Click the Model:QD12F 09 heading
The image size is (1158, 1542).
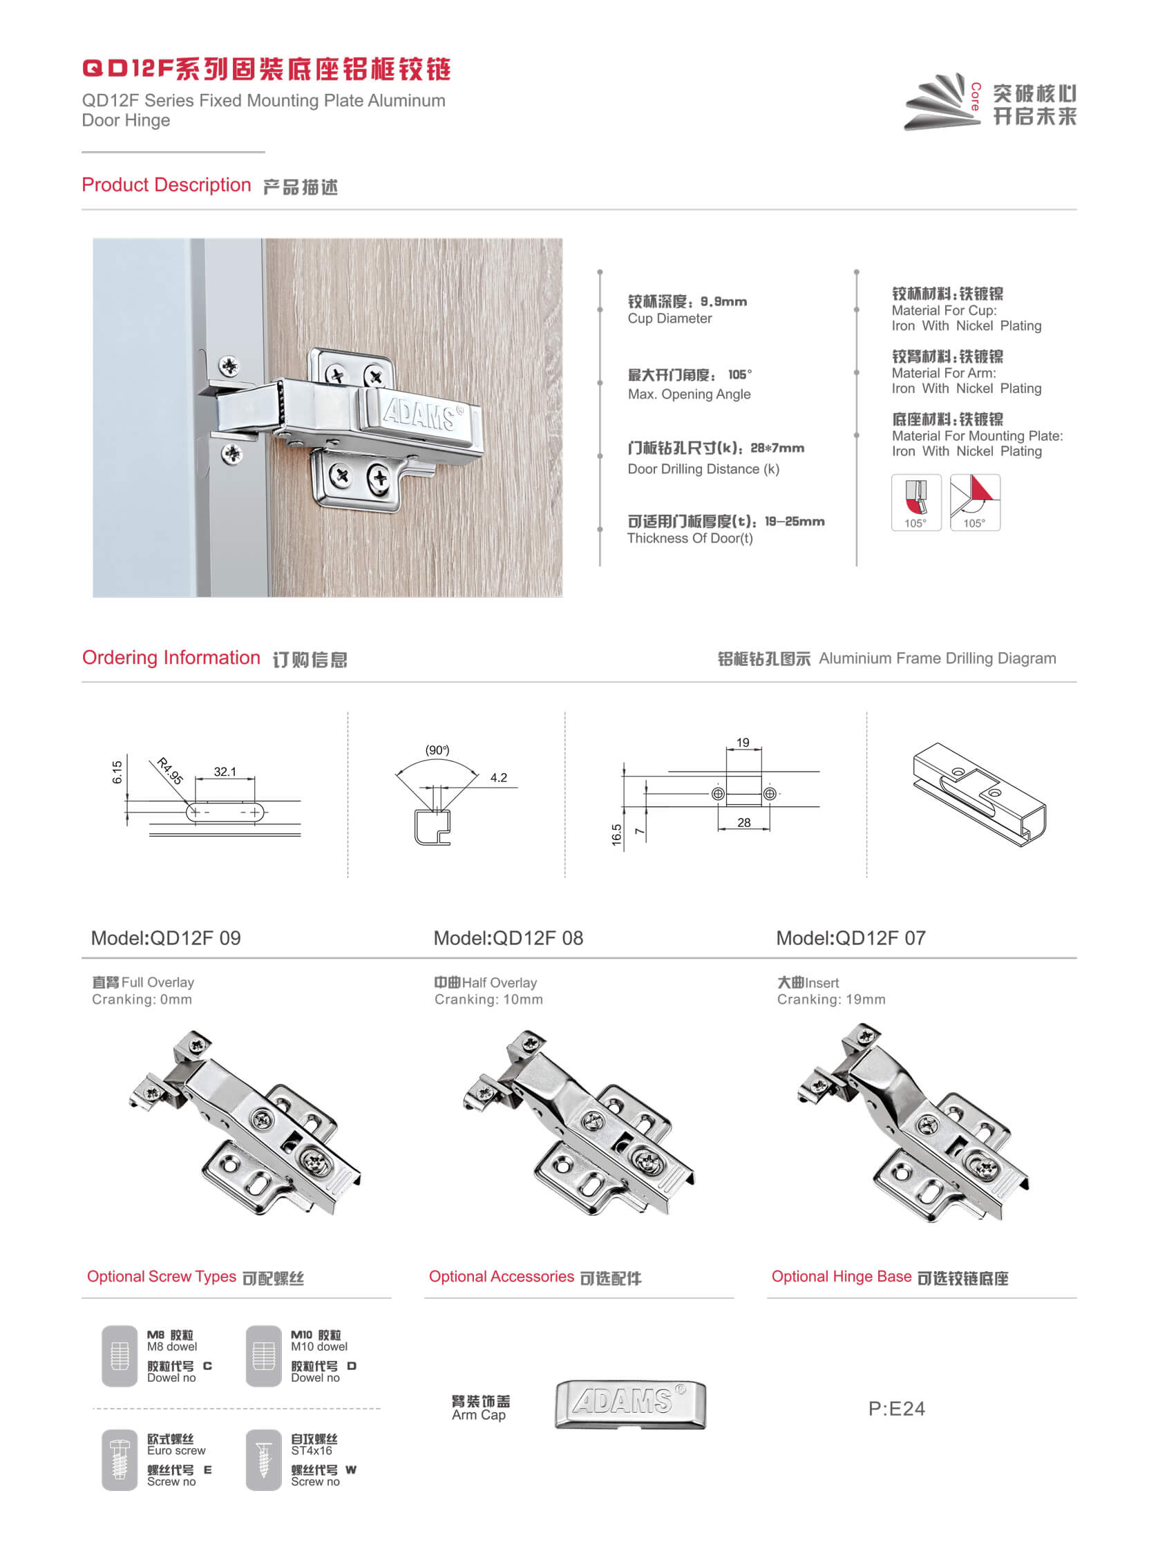166,937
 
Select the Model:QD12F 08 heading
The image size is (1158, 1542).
508,937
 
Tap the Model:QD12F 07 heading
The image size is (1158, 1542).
851,937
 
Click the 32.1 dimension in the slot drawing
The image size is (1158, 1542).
225,772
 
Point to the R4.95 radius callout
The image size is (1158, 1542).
169,771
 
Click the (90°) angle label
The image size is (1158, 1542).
437,750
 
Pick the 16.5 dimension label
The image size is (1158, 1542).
616,835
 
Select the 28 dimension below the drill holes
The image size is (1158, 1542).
744,823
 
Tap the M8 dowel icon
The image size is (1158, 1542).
120,1356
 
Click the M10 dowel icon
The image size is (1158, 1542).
263,1356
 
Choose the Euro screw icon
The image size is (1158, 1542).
120,1460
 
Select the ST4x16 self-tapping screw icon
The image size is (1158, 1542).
263,1460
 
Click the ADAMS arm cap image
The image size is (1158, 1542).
630,1404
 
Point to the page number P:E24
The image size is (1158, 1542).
896,1408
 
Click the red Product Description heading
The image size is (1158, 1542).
166,184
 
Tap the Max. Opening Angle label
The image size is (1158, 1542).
689,394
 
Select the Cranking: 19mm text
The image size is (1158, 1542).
831,999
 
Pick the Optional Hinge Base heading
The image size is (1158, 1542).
841,1277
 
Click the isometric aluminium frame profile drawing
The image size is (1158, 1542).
978,794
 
